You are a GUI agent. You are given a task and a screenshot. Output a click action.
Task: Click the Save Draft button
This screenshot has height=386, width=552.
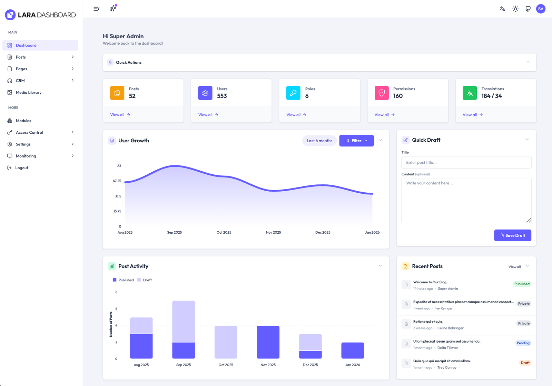pos(512,235)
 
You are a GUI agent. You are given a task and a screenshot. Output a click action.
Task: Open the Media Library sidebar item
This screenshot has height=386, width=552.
pos(29,92)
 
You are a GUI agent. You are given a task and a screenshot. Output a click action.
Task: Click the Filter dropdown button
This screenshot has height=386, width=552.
pos(356,141)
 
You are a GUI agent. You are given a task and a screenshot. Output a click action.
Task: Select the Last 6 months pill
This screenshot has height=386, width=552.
pos(319,141)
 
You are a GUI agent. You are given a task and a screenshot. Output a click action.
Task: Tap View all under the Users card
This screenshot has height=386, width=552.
pos(208,115)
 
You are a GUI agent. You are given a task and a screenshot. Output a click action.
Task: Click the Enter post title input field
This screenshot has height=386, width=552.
pos(466,162)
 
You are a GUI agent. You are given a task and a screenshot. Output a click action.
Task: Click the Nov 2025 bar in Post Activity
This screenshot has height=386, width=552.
pos(268,342)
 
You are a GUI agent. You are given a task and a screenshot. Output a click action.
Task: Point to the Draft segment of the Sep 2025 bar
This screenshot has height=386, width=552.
pos(184,321)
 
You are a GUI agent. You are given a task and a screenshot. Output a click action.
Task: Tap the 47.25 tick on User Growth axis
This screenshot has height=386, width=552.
pos(117,181)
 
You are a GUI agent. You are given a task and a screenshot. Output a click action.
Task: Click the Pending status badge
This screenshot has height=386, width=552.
pos(523,343)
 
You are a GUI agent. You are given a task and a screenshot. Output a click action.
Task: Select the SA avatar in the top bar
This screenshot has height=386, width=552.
pos(540,9)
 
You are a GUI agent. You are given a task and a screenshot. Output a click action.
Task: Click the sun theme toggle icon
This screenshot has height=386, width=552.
pos(515,9)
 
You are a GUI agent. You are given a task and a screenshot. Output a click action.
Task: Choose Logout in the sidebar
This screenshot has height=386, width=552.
pos(21,168)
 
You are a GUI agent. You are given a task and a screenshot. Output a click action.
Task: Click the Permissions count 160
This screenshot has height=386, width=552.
pos(398,96)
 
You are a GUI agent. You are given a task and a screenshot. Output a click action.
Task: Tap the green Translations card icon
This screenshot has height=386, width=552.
pos(469,93)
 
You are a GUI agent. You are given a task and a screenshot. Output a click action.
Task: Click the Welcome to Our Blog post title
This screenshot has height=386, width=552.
pos(430,282)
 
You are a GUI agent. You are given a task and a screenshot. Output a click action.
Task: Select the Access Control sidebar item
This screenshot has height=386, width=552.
pos(29,132)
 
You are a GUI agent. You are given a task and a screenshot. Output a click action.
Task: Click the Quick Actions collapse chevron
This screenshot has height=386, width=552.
pos(528,62)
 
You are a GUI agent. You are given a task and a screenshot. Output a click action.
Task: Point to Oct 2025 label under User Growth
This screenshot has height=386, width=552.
pos(224,232)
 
